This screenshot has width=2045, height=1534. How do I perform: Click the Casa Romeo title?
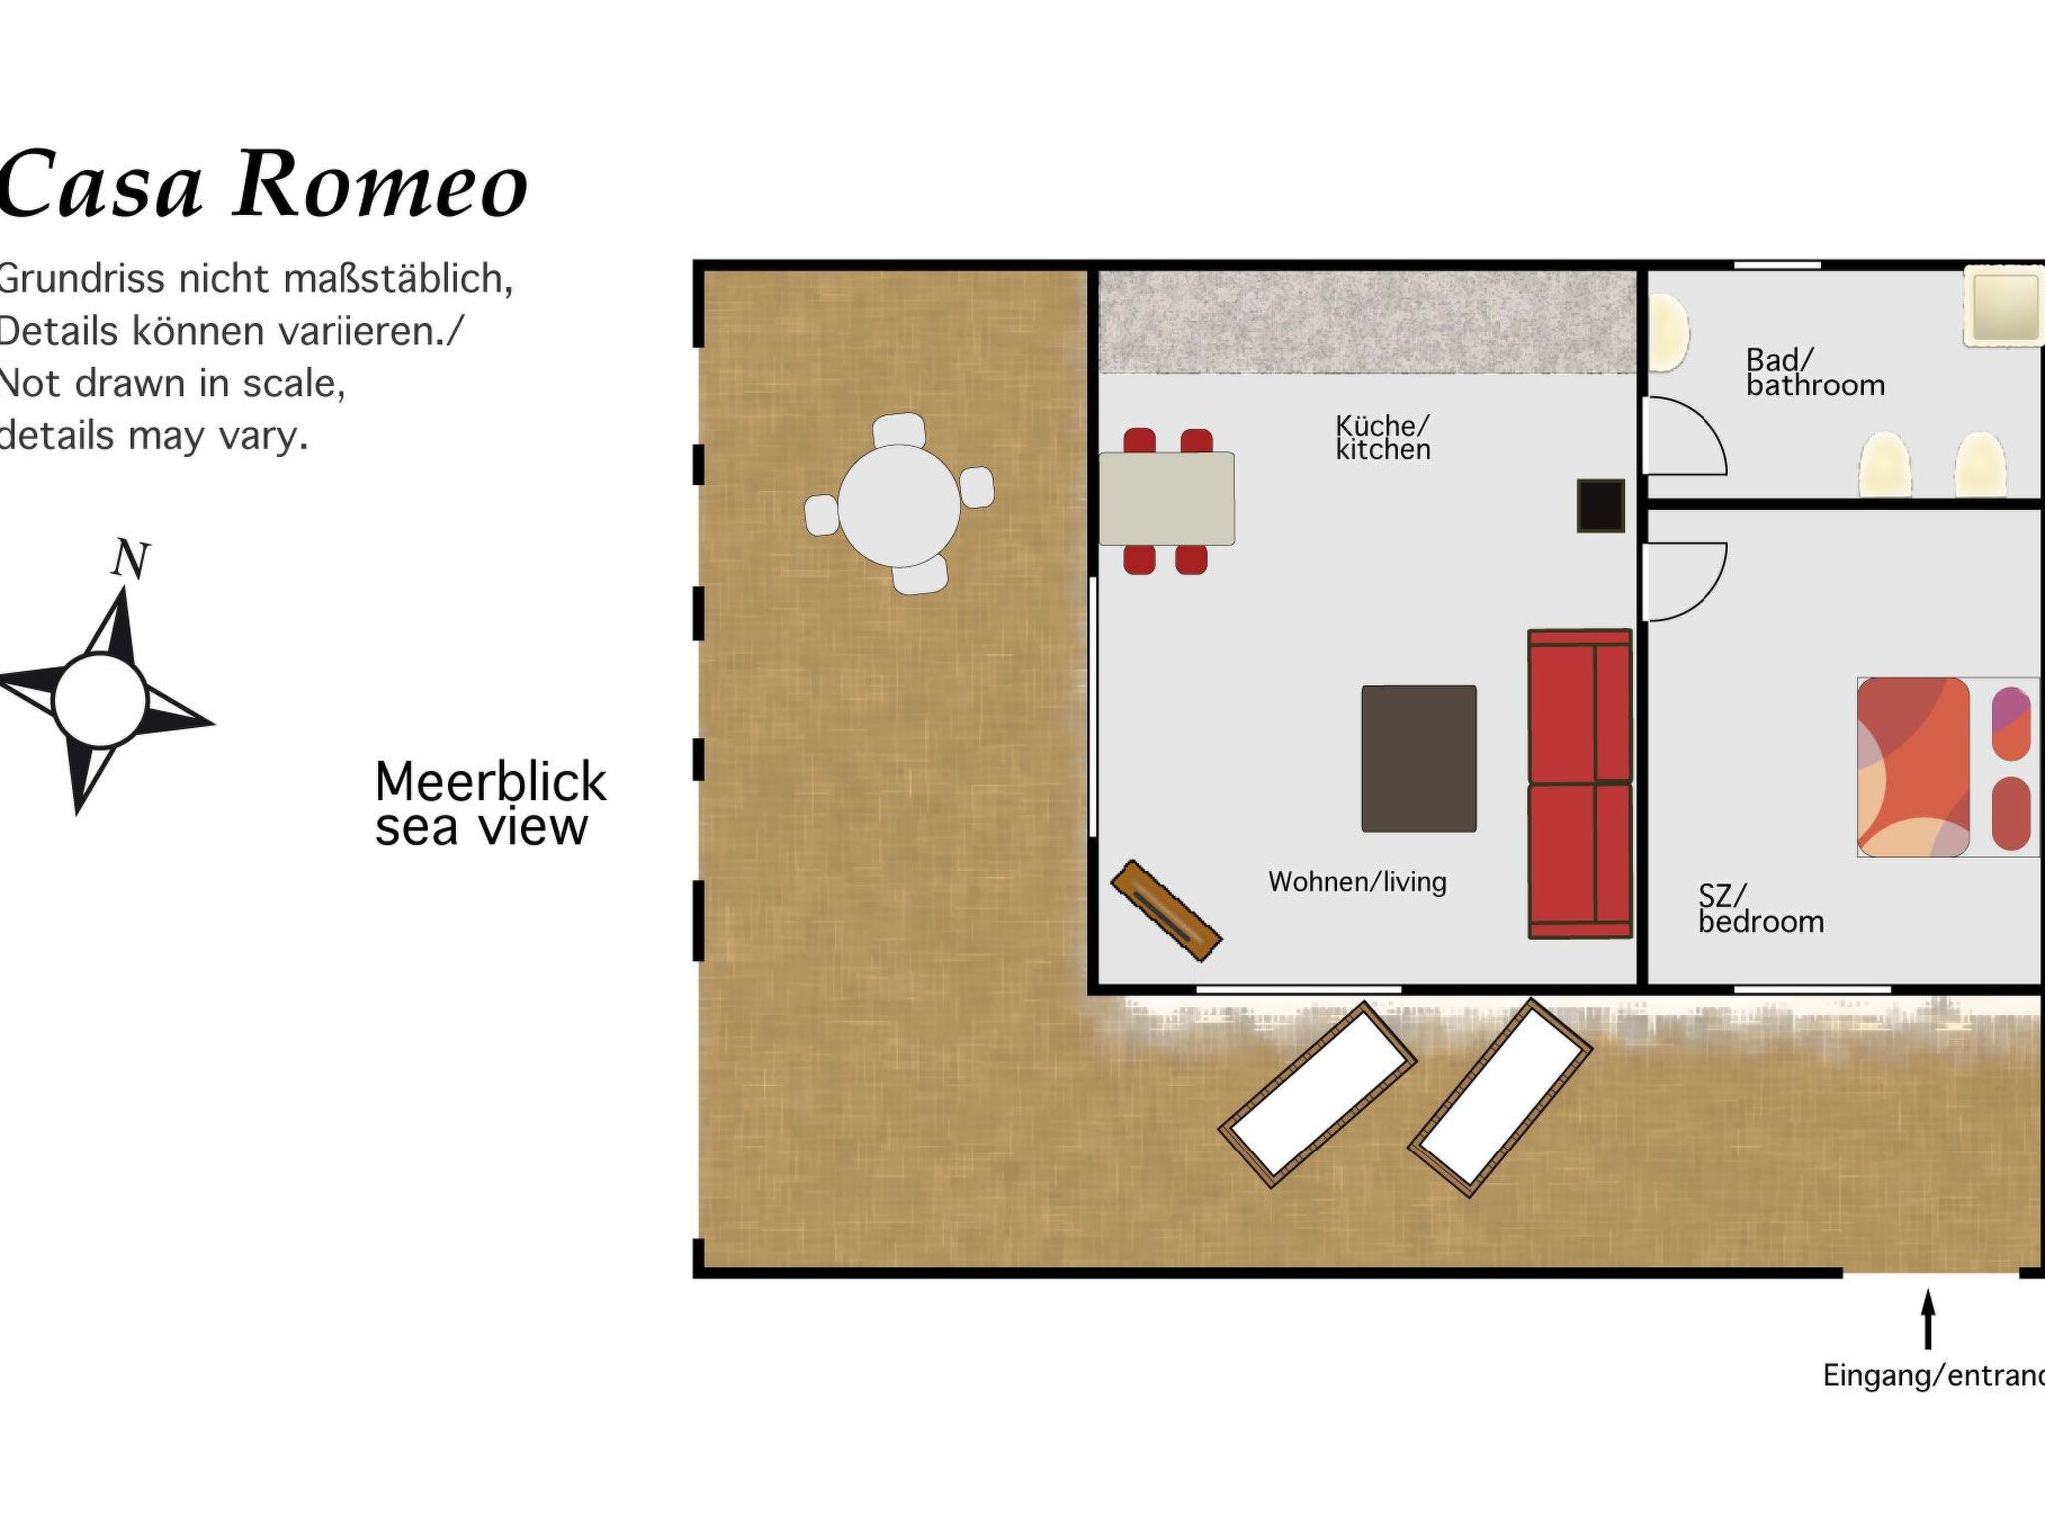(262, 184)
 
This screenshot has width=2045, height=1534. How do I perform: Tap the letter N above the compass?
(130, 559)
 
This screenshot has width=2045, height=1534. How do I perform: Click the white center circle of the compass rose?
(100, 700)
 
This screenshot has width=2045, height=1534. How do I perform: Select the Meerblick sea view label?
(489, 804)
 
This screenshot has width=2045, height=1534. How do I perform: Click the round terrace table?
(898, 506)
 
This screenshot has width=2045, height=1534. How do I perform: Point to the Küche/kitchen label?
(1383, 438)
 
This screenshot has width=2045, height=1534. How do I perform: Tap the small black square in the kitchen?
(1600, 506)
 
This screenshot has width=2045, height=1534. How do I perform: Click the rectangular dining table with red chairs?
(1166, 498)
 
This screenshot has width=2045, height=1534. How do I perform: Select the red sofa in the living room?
(1579, 784)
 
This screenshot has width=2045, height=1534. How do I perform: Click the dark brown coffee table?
(1418, 758)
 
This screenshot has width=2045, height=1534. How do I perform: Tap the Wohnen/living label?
(1357, 882)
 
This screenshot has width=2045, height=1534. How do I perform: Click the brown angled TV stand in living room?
(1166, 910)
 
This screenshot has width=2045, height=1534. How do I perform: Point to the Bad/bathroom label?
(1814, 373)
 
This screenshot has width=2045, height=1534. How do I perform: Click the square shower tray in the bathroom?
(2003, 305)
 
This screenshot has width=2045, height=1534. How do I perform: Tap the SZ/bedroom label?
(1760, 909)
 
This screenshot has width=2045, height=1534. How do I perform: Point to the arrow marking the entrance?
(1928, 1319)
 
